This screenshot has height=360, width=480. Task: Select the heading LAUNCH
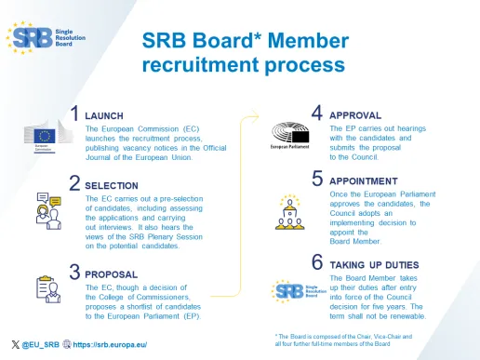[x=103, y=116]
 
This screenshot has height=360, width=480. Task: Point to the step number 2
[x=75, y=181]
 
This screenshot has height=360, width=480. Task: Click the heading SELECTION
[x=112, y=185]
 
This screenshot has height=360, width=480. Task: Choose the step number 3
[x=75, y=272]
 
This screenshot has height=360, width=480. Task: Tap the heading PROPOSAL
[x=111, y=275]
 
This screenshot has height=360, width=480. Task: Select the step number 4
[x=317, y=113]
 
